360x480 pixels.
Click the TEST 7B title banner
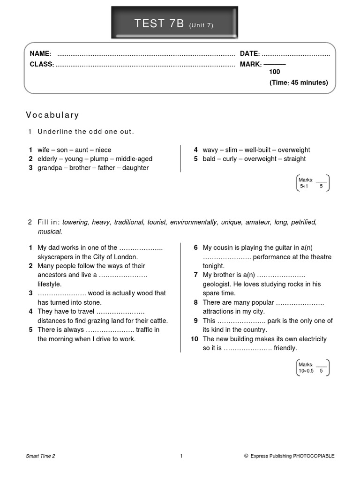pos(174,23)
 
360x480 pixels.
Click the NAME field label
pos(40,54)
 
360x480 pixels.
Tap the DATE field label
pos(249,54)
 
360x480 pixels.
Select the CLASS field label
pos(42,64)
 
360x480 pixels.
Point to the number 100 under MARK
pos(274,72)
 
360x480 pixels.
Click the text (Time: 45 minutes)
pos(298,82)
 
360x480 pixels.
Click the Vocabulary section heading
pos(52,115)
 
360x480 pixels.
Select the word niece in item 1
pos(103,150)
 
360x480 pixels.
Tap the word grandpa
pos(49,168)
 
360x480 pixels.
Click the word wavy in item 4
pos(210,150)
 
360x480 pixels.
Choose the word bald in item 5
pos(210,159)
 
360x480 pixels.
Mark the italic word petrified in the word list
pos(303,222)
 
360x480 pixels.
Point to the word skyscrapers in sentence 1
pos(56,257)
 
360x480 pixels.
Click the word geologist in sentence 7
pos(217,284)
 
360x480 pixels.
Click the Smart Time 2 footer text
pos(40,456)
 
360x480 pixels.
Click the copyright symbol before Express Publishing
pos(246,456)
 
